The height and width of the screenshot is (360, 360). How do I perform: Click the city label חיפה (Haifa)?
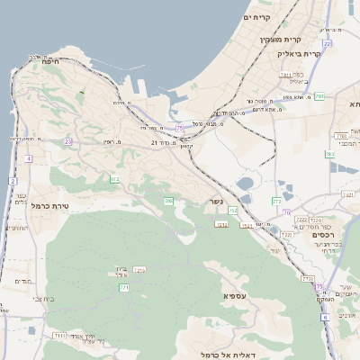49,61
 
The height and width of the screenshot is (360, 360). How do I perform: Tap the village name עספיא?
236,294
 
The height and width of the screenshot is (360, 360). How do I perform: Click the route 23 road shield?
67,141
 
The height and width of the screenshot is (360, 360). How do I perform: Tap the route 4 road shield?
28,158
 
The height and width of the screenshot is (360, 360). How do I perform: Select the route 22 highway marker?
327,43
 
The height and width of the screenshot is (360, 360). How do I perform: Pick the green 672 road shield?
115,179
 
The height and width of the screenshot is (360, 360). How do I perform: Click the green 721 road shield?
124,287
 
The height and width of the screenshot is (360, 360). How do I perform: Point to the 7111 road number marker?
59,335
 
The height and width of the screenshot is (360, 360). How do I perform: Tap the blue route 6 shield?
325,318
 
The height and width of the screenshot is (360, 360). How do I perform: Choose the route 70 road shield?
287,212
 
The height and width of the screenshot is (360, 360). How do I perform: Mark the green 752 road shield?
233,211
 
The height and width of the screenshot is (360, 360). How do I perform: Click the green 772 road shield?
276,202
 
